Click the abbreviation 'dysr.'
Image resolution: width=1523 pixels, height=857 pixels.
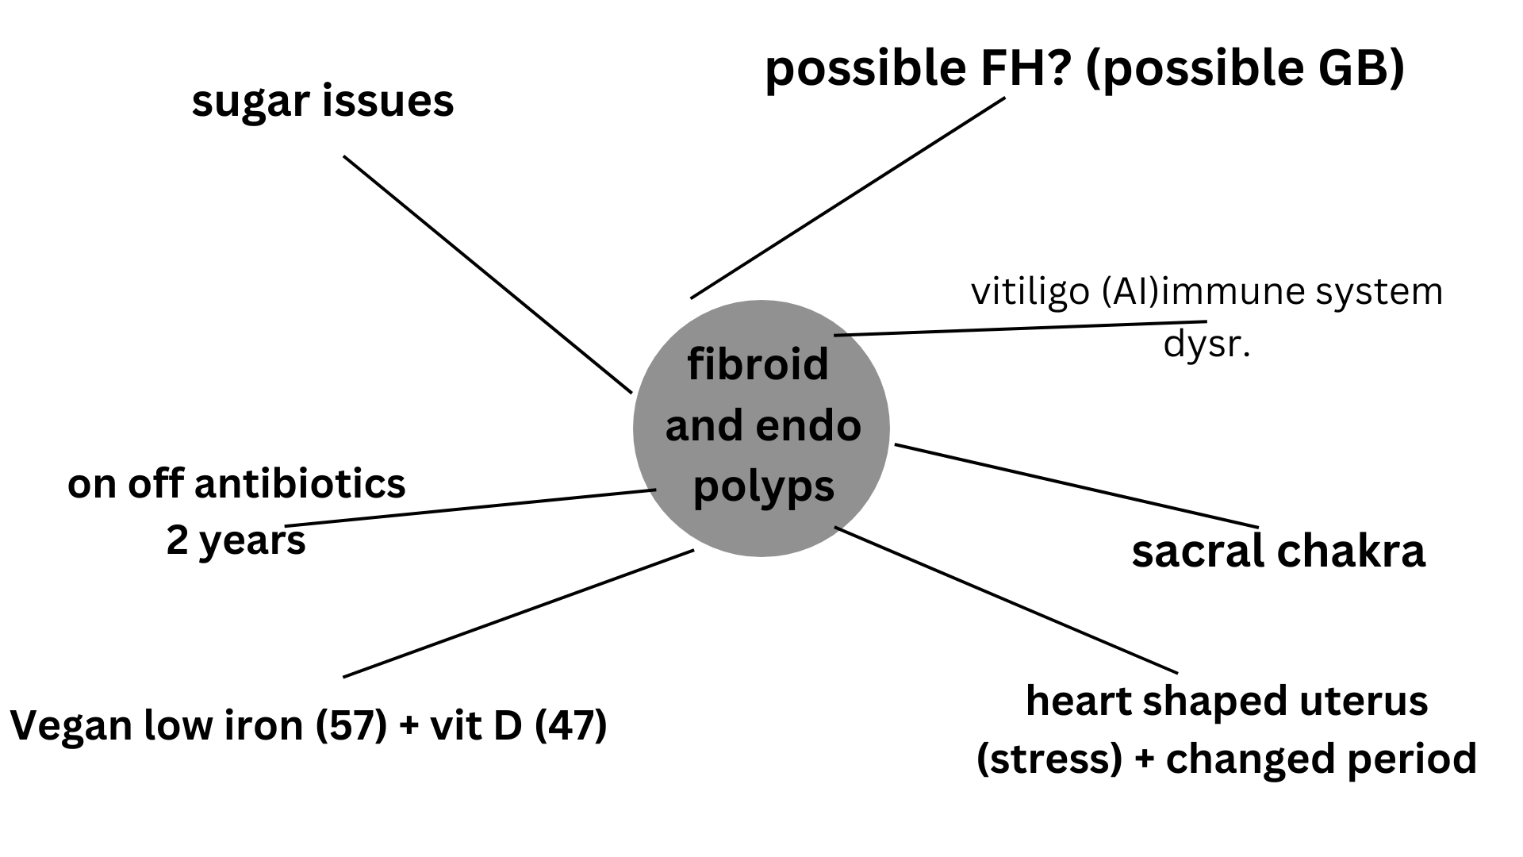[1207, 346]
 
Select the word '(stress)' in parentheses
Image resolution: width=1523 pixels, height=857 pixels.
[1049, 759]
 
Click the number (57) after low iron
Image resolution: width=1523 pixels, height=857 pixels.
[351, 726]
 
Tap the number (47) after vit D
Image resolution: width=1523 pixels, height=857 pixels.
[571, 726]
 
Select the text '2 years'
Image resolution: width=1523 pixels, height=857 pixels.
[236, 542]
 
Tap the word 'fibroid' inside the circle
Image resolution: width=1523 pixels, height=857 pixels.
[758, 364]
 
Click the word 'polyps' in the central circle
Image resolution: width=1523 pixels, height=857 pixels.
[764, 486]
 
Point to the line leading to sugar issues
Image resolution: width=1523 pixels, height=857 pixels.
[487, 274]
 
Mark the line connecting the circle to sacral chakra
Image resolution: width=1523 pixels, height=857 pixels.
[1076, 485]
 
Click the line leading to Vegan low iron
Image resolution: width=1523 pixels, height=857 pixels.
[519, 613]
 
